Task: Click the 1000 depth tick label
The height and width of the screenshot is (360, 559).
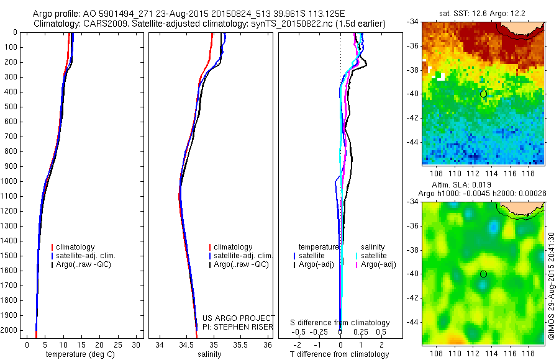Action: pos(10,181)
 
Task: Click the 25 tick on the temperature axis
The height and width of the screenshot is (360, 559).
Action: pos(117,344)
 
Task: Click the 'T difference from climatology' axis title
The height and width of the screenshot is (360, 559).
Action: pos(340,354)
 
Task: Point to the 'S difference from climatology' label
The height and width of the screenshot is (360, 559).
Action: pos(340,323)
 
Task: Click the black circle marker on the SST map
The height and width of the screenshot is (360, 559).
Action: pos(483,94)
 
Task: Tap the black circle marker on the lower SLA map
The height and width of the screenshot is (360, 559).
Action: pos(483,274)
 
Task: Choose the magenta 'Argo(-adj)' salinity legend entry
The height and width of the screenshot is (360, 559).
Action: pos(378,264)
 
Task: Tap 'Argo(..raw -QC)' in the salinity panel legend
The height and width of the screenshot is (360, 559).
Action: pos(241,264)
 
